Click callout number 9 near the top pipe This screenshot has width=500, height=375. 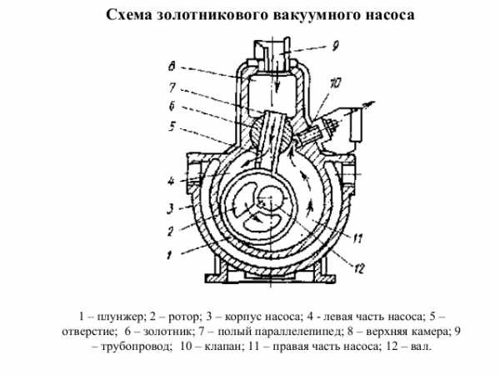pyautogui.click(x=334, y=46)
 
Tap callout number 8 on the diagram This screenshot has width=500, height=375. pyautogui.click(x=172, y=67)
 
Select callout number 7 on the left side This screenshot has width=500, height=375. pyautogui.click(x=172, y=87)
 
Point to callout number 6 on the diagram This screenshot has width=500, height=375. pyautogui.click(x=172, y=106)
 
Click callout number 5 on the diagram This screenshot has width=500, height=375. pyautogui.click(x=172, y=127)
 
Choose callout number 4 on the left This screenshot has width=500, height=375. pyautogui.click(x=171, y=182)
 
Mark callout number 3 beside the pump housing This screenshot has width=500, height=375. pyautogui.click(x=171, y=209)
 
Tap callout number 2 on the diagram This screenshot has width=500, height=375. pyautogui.click(x=171, y=231)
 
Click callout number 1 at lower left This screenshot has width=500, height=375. pyautogui.click(x=170, y=254)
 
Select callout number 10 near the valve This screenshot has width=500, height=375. pyautogui.click(x=335, y=83)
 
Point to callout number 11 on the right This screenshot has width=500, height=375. pyautogui.click(x=357, y=238)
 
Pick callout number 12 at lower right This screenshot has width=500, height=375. pyautogui.click(x=358, y=268)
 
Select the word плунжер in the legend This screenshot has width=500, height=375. pyautogui.click(x=122, y=317)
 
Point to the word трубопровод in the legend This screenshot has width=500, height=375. pyautogui.click(x=137, y=346)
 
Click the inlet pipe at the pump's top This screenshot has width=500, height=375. pyautogui.click(x=272, y=52)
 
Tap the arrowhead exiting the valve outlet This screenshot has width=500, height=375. pyautogui.click(x=371, y=104)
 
